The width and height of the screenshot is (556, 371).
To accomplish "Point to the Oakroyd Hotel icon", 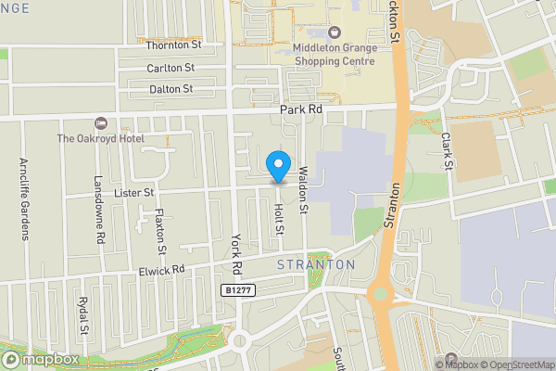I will tap(101, 122).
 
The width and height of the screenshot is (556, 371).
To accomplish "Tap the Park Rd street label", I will tap(302, 109).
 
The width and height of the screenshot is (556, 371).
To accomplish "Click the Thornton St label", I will tap(173, 45).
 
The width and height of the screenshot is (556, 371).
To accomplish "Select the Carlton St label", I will tap(171, 68).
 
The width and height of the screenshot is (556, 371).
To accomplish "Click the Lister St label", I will tap(135, 192).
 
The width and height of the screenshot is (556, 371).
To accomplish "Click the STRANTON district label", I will tap(316, 264).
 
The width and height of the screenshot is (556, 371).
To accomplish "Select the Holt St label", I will tap(278, 220).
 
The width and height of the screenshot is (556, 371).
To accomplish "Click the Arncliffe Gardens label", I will tap(24, 198).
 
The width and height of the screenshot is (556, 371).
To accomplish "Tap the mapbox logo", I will tap(41, 359).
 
